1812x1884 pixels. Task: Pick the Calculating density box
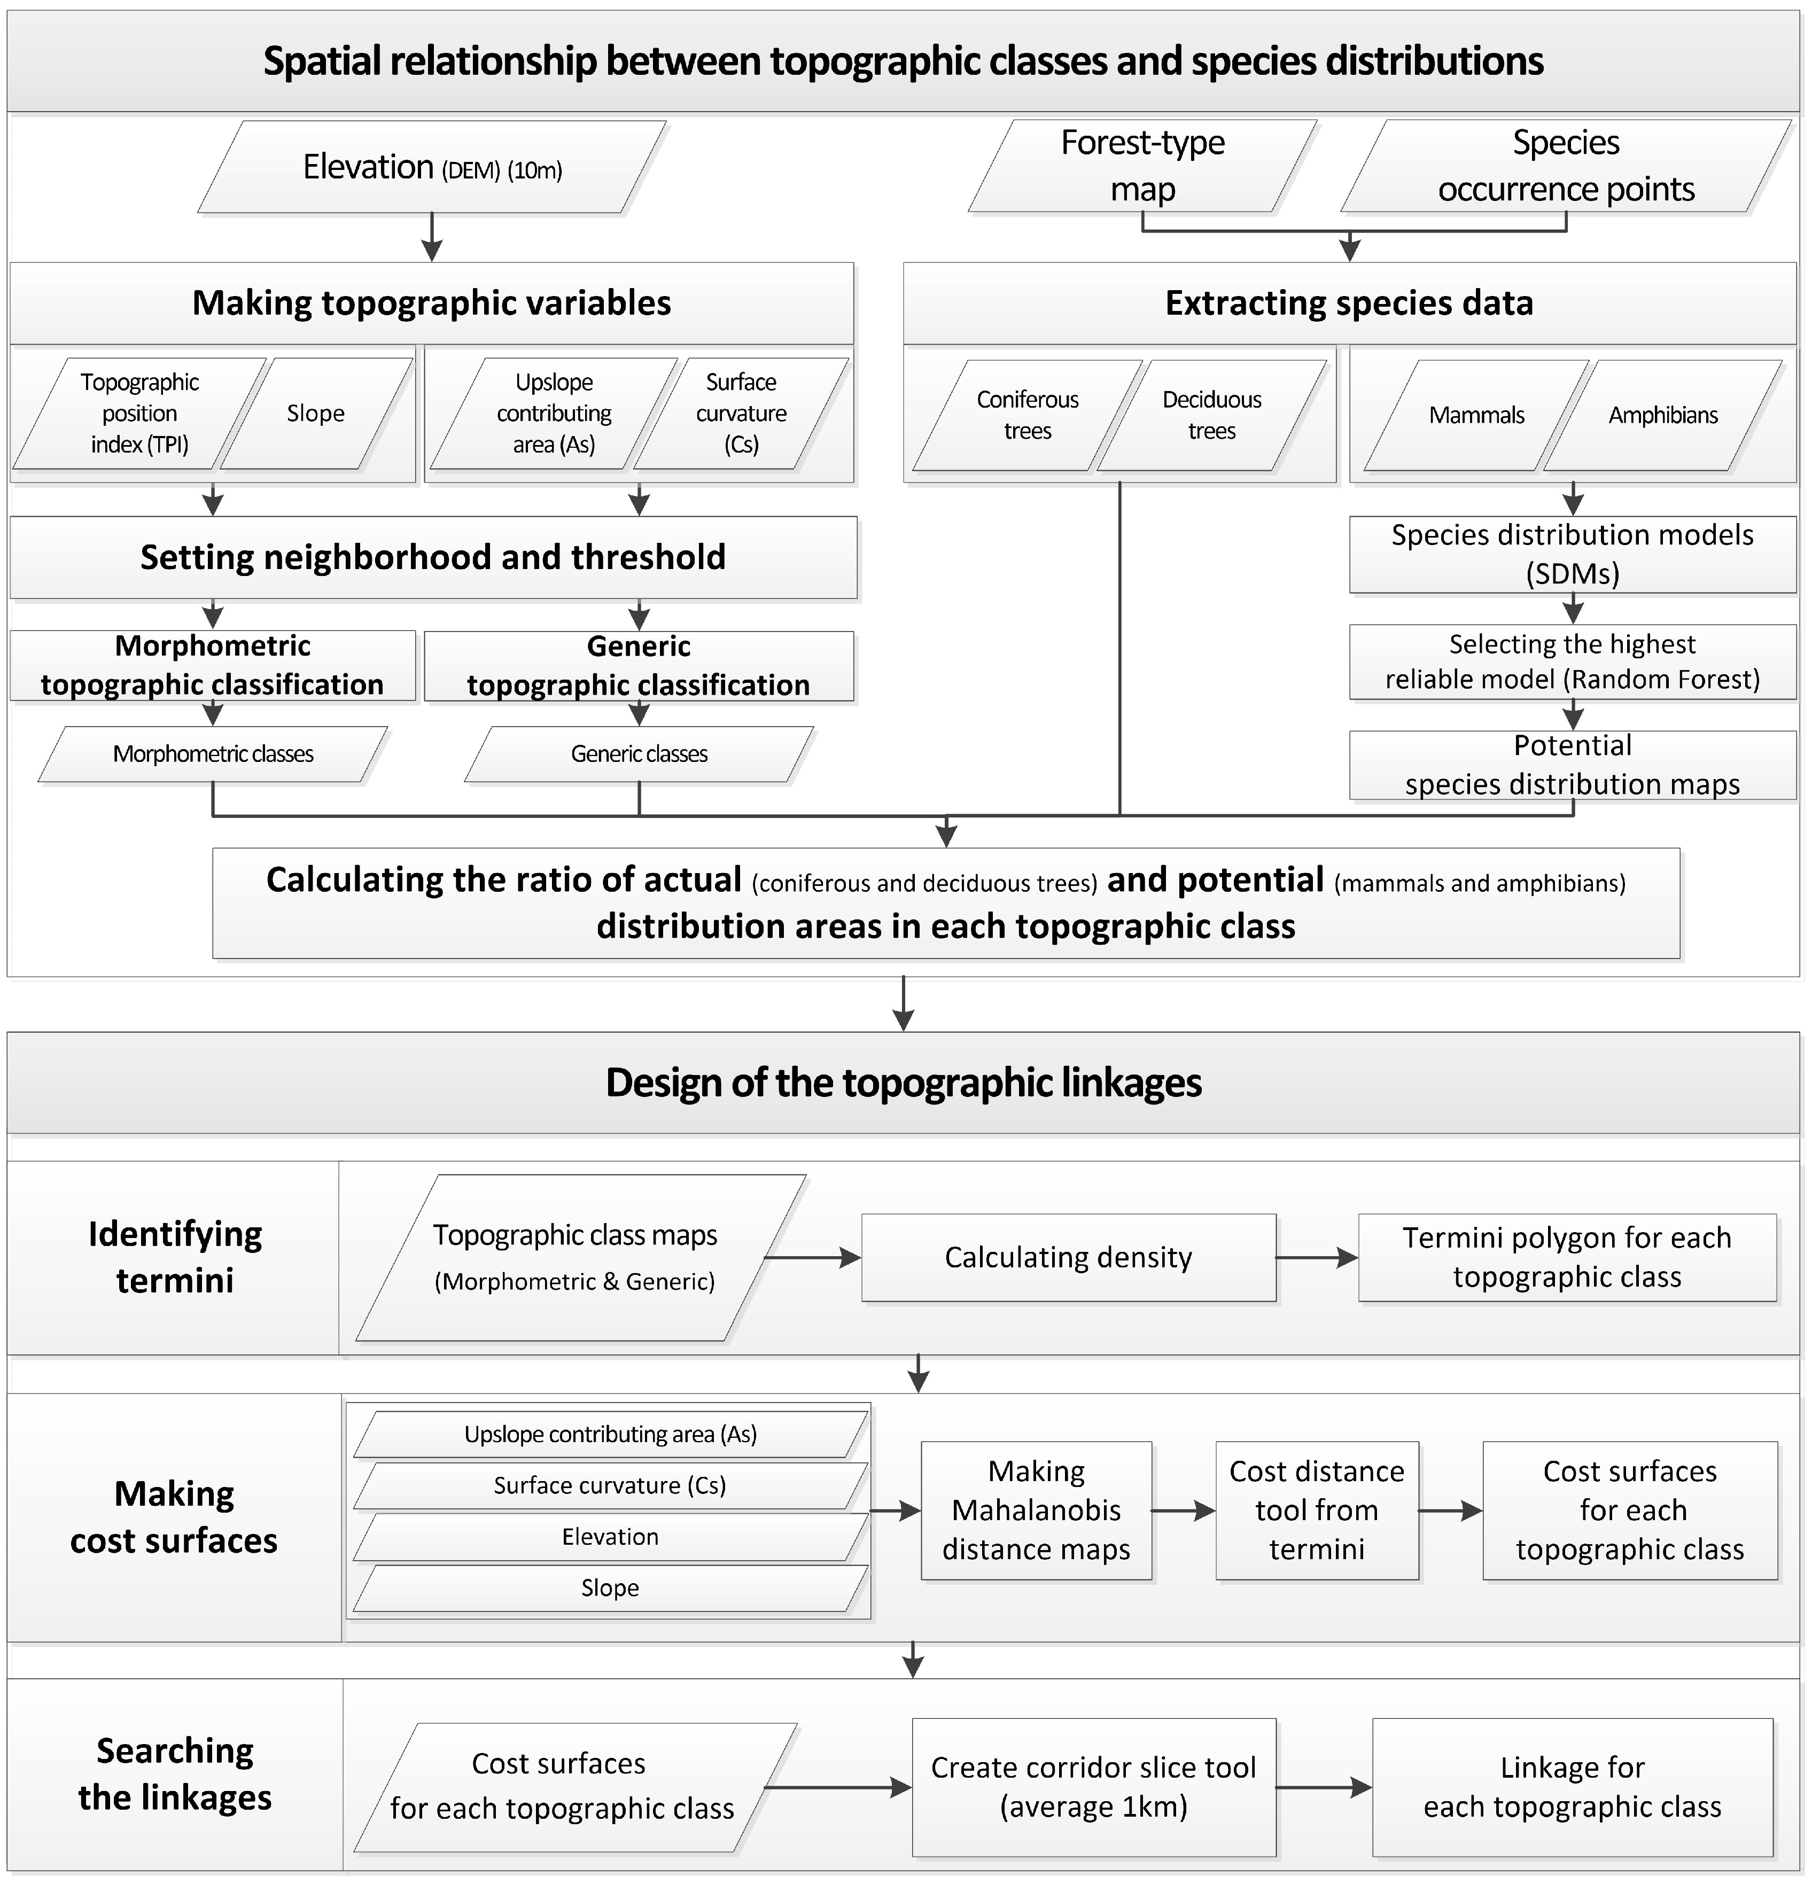click(x=1068, y=1257)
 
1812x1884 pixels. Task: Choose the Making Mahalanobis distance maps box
click(x=1036, y=1510)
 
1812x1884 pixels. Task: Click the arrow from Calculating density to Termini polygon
click(x=1317, y=1257)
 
